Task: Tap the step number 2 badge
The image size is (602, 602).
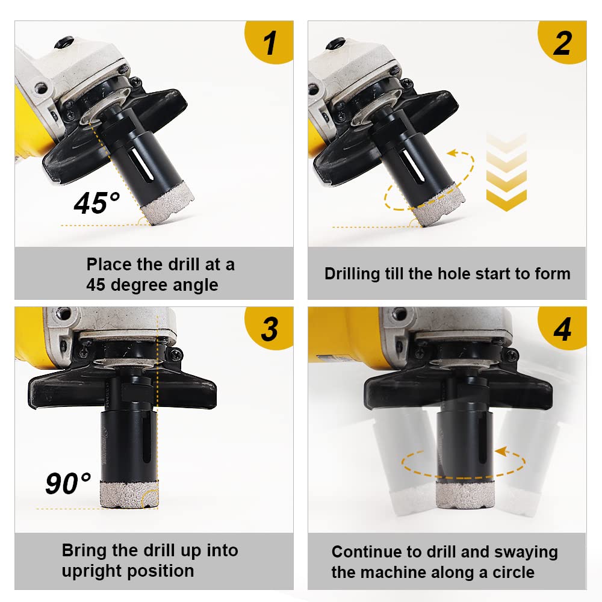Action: pos(563,43)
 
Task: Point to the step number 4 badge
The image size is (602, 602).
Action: pos(563,329)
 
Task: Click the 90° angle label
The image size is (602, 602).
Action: pos(68,483)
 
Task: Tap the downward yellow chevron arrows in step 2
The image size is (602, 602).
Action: pos(506,172)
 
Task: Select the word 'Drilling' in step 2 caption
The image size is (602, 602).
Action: pos(352,274)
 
